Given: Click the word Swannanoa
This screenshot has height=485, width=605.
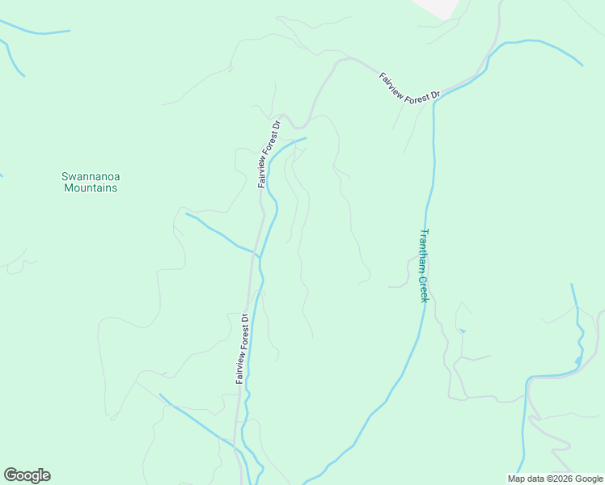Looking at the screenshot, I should tap(90, 176).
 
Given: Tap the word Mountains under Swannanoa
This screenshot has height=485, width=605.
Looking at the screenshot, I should tap(90, 188).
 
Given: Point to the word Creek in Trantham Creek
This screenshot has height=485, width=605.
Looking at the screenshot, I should tap(422, 288).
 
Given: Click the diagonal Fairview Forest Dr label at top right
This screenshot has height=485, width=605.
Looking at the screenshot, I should tap(409, 86).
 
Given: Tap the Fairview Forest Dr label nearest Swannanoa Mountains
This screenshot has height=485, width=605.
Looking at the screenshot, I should tap(269, 154).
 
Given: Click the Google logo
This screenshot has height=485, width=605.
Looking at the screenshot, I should tap(27, 475).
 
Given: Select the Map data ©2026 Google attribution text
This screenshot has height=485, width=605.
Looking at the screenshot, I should tap(554, 479).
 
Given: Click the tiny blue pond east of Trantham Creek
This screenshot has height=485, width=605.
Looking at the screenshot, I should tap(463, 331).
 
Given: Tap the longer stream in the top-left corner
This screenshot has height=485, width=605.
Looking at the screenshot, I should tap(36, 32).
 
